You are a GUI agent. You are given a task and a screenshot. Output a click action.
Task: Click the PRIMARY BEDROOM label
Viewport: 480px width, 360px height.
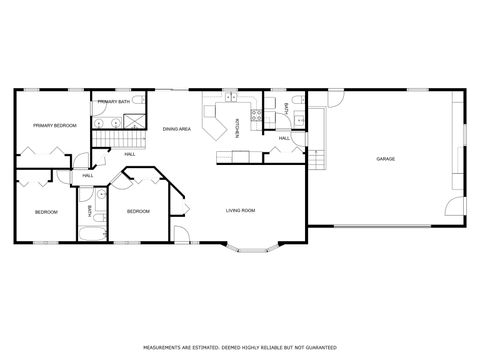[55, 126]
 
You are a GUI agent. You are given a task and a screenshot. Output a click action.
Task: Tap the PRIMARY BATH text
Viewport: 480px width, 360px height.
[112, 102]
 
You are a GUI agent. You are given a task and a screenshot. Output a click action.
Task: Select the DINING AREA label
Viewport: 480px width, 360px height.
[177, 130]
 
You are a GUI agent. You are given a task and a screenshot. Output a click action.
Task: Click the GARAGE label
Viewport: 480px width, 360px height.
[385, 159]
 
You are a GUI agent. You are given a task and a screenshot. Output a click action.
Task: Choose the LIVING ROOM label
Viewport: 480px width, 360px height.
[240, 210]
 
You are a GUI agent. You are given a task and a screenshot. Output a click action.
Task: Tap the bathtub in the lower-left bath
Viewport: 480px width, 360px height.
[91, 235]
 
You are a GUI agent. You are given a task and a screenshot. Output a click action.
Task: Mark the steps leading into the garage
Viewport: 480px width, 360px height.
[316, 159]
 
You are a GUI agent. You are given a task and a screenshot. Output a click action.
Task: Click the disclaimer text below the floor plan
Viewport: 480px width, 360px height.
[239, 349]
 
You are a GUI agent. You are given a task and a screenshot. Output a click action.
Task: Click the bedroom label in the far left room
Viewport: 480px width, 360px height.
[46, 212]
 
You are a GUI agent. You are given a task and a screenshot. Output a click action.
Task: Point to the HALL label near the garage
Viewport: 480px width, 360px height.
[284, 138]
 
